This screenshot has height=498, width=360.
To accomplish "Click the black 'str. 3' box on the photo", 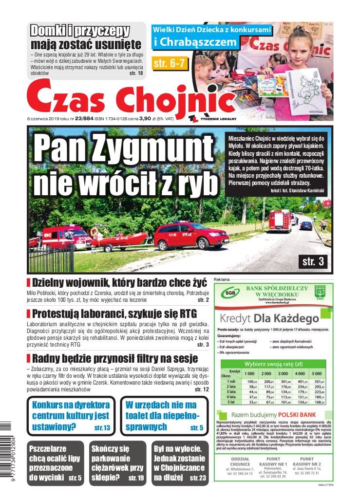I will [313, 261].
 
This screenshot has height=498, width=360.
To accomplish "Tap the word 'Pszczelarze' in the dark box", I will [52, 448].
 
